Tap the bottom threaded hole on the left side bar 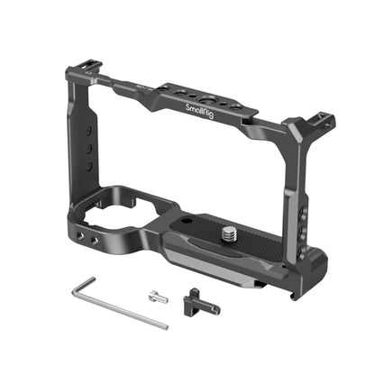coord(91,166)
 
